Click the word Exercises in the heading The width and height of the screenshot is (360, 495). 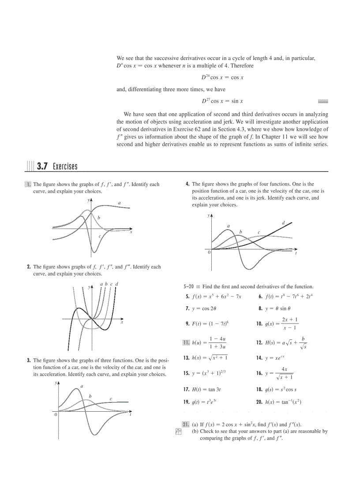coord(65,166)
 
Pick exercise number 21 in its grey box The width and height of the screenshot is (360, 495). coord(186,424)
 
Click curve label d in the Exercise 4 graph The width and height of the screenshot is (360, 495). coord(283,223)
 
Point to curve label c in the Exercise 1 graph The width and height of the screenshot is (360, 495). coord(100,236)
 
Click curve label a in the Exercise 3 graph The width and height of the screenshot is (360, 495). coord(82,386)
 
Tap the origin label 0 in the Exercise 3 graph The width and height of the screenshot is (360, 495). coord(56,415)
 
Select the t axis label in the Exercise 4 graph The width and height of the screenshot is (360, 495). coord(296,254)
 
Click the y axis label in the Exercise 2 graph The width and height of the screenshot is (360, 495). coord(89,287)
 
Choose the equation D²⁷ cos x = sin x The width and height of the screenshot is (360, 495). coord(222,101)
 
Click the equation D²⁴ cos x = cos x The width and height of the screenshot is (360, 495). coord(222,77)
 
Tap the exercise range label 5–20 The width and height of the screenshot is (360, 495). coord(189,287)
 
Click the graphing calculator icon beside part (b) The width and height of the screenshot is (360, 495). coord(179,433)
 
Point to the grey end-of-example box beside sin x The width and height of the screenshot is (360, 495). coord(323,101)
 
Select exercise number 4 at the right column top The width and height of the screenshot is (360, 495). coord(188,184)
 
